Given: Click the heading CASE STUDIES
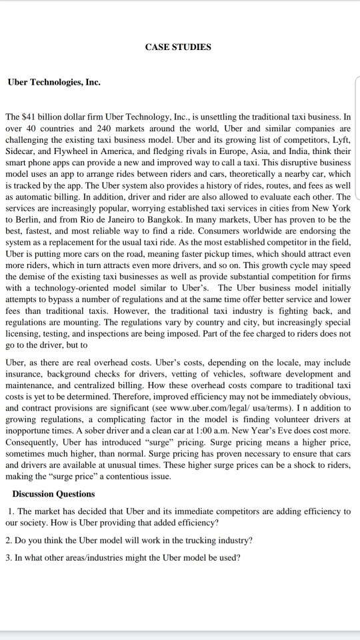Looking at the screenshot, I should coord(177,47).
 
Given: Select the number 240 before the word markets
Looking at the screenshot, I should coord(89,127).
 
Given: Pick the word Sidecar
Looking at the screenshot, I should coord(21,148).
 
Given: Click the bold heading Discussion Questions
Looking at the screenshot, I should coord(53,494).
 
